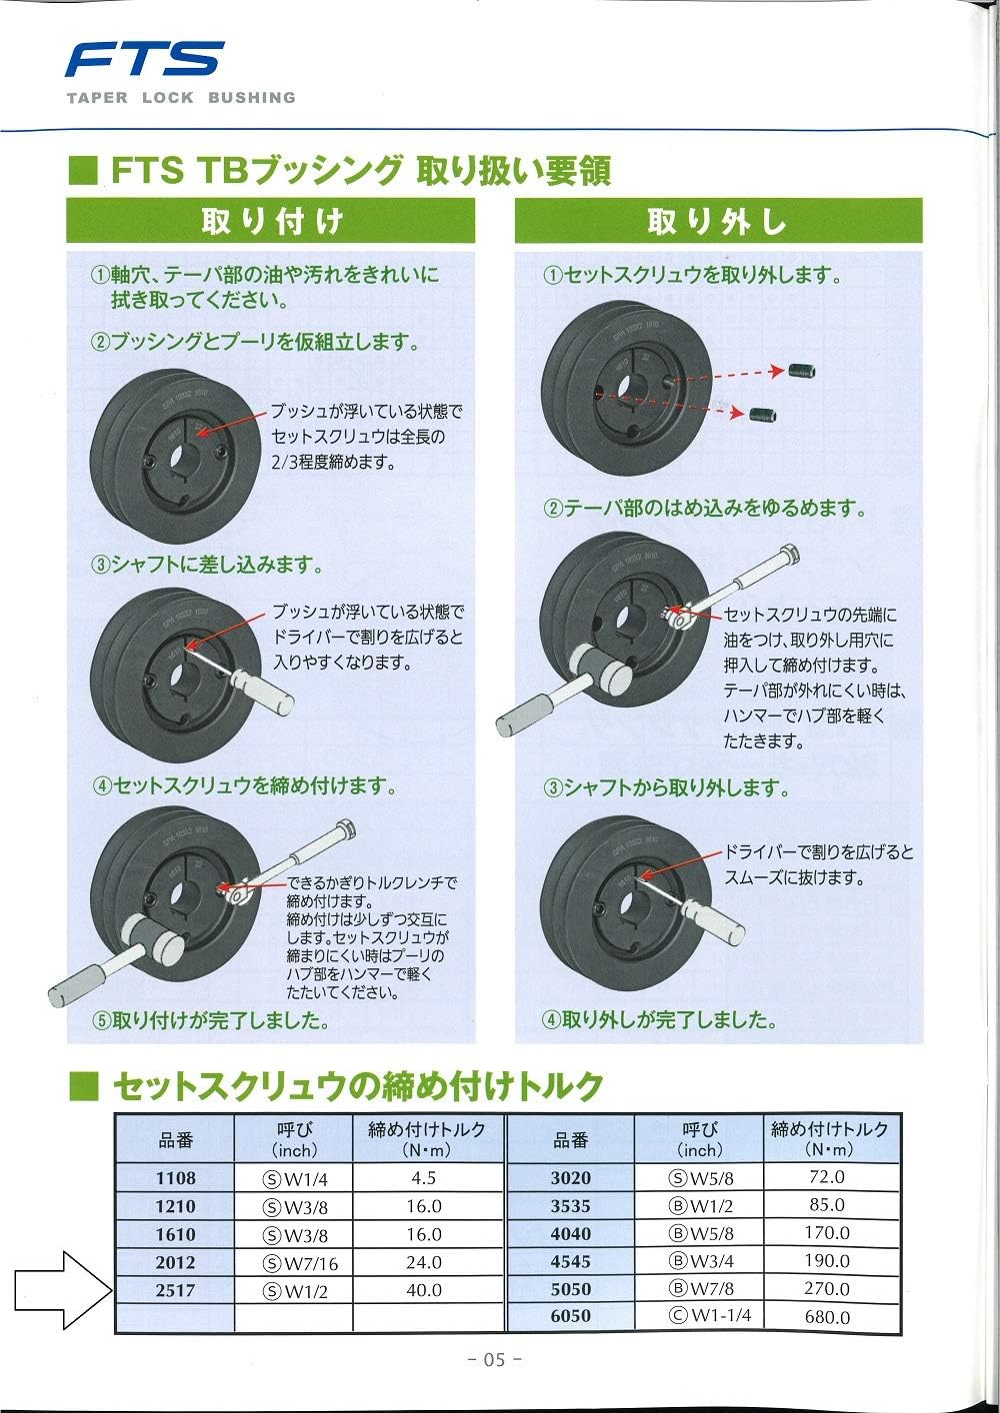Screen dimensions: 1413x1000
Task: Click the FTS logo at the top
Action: (145, 60)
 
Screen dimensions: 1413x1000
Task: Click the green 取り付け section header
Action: (271, 221)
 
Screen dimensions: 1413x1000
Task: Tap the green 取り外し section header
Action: (718, 221)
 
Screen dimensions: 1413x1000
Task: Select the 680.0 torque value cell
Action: (827, 1317)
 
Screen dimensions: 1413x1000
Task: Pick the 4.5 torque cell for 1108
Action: (424, 1178)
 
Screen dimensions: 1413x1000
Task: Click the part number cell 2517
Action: (176, 1290)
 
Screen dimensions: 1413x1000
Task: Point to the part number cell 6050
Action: (571, 1317)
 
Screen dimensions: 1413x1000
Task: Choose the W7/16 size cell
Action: (300, 1263)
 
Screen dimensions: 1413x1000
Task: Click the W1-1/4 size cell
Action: (700, 1317)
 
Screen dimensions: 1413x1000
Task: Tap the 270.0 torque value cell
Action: (827, 1289)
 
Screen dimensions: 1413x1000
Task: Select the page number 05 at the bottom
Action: (495, 1359)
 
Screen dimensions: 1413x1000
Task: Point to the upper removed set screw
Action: (802, 374)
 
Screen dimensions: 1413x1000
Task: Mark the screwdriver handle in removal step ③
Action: (716, 925)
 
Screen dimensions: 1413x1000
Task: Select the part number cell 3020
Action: (571, 1178)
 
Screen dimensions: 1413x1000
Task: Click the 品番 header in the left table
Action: (176, 1140)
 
